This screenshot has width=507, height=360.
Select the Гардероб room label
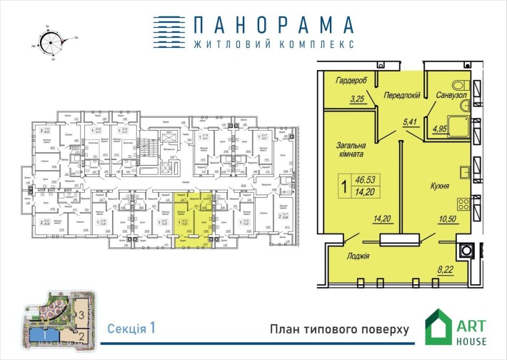click(351, 80)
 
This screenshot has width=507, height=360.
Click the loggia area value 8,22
click(444, 270)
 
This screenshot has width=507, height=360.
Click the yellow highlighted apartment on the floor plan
click(187, 218)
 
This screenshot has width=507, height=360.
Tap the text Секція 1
click(131, 329)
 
